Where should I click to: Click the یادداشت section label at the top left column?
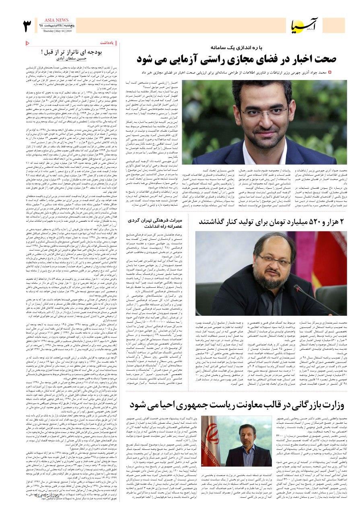(108, 42)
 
